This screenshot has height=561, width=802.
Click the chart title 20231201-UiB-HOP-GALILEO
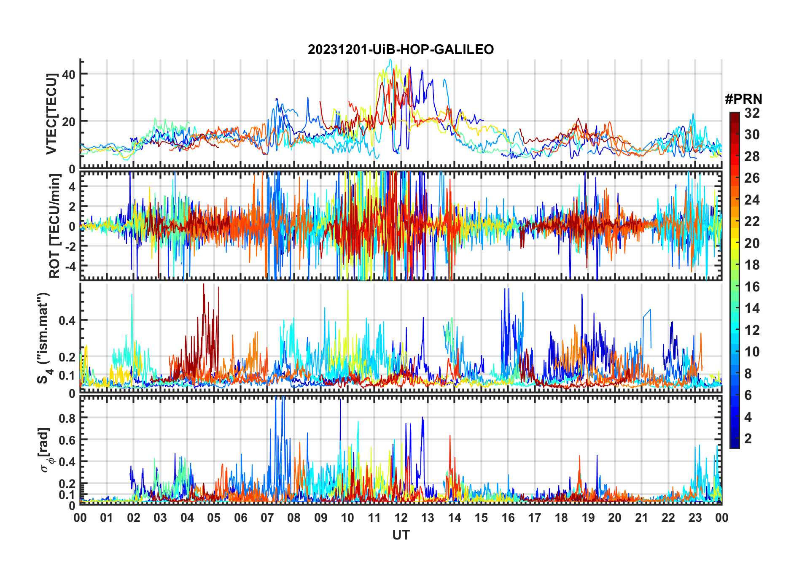(401, 50)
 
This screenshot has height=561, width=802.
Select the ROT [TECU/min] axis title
(54, 226)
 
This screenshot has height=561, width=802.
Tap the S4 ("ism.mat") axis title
(43, 337)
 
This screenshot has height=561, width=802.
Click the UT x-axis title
(401, 535)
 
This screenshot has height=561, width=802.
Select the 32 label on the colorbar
(752, 113)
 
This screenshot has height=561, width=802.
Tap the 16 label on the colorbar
(752, 287)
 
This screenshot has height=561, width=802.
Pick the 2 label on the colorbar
(748, 439)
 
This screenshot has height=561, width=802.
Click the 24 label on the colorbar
(752, 200)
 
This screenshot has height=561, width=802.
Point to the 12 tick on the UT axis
(401, 518)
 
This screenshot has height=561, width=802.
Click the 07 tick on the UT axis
(267, 518)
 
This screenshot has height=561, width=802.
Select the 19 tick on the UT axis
(588, 518)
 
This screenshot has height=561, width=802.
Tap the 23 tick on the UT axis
(695, 518)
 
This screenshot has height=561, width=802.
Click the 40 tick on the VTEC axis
(68, 75)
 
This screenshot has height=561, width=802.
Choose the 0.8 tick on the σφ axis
(67, 418)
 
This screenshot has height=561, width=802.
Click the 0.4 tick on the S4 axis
(67, 321)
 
